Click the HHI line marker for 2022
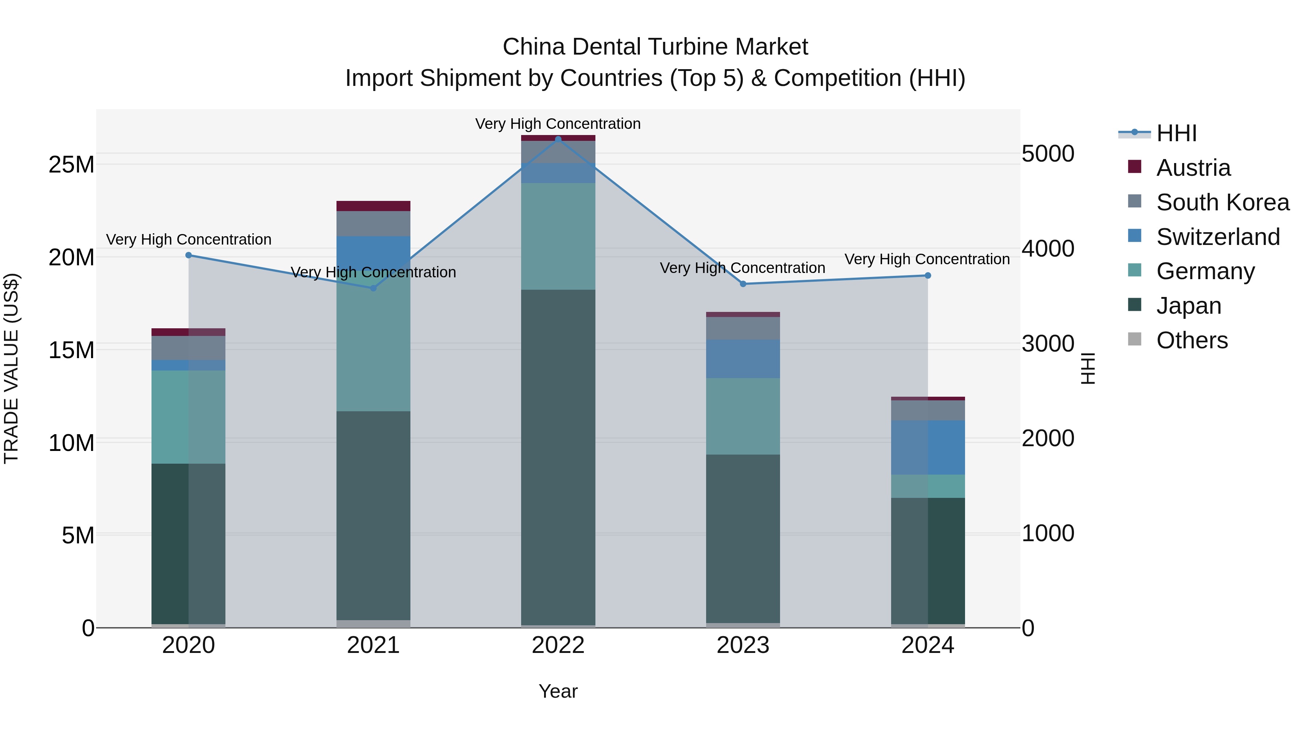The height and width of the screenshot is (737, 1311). (x=558, y=139)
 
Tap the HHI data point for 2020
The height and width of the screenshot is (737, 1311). (x=188, y=255)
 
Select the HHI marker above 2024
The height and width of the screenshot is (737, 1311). (x=927, y=276)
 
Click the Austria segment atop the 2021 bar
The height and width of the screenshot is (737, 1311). (x=373, y=206)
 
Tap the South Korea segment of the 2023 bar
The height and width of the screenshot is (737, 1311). (x=743, y=328)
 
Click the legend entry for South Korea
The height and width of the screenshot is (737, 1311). (x=1223, y=202)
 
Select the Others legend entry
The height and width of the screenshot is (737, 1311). (x=1192, y=340)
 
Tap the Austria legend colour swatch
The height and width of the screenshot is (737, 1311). (x=1134, y=167)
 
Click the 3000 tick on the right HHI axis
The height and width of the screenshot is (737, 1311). (x=1048, y=344)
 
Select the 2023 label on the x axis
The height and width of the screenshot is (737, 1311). (x=743, y=645)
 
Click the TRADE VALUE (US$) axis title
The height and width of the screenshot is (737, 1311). (x=11, y=368)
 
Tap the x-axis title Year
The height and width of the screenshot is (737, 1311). (x=558, y=691)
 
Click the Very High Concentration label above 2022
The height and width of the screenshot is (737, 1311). (x=558, y=124)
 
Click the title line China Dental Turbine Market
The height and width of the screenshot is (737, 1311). (x=655, y=47)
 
